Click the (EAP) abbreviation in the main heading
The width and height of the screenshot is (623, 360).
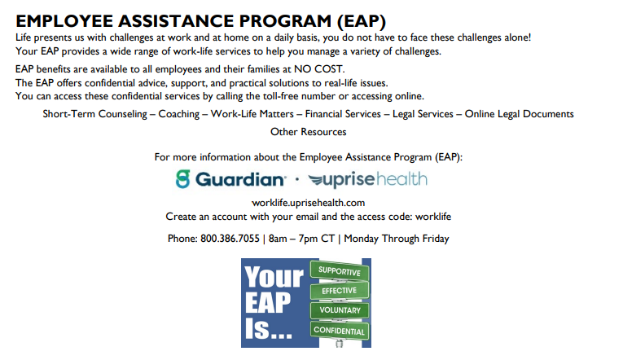(x=362, y=21)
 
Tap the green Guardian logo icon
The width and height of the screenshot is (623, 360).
(x=183, y=179)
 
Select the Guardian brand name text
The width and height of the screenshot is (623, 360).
(x=240, y=179)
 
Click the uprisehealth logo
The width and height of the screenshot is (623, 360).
(x=368, y=180)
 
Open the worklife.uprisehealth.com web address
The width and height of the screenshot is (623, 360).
(x=309, y=203)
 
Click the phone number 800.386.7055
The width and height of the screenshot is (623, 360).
(x=230, y=239)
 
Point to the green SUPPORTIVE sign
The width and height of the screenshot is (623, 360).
(x=340, y=271)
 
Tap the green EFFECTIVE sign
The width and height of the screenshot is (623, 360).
(x=340, y=291)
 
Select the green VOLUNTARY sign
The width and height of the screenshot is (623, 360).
(x=340, y=310)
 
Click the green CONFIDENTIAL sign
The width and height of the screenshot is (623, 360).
(x=340, y=330)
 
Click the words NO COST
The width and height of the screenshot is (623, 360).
(x=318, y=69)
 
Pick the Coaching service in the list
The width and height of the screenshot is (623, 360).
(x=179, y=114)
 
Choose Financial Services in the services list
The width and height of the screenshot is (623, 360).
(x=343, y=114)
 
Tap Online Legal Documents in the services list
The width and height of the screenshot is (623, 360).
(x=520, y=114)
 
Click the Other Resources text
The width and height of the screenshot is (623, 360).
(x=309, y=132)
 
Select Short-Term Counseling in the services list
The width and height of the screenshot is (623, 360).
(x=95, y=114)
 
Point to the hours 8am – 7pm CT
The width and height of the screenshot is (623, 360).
(x=301, y=239)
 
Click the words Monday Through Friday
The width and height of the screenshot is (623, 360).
(x=397, y=239)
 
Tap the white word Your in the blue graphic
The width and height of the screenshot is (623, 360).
(x=274, y=277)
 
